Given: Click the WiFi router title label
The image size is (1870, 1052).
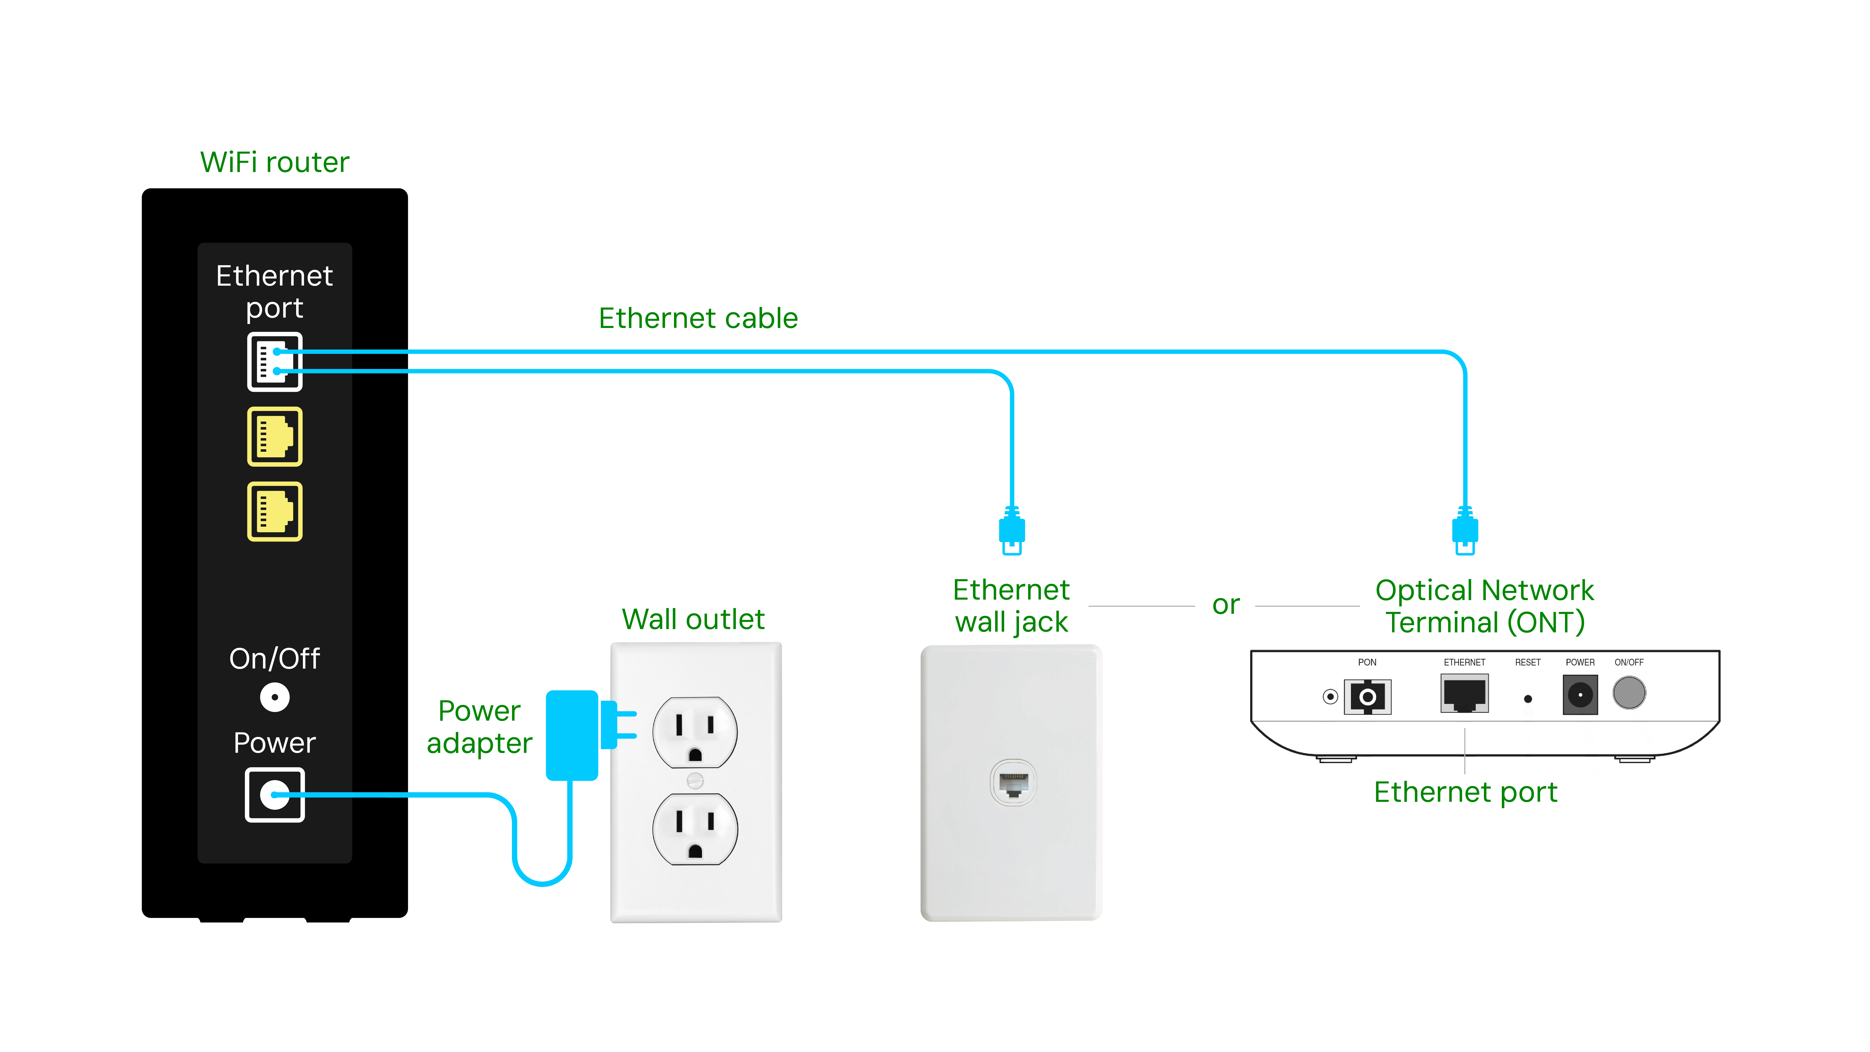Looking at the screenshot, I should tap(274, 162).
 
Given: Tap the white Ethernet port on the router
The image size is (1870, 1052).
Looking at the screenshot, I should tap(274, 362).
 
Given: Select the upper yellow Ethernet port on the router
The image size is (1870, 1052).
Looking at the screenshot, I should tap(274, 436).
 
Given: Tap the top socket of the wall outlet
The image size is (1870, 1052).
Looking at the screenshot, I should tap(695, 732).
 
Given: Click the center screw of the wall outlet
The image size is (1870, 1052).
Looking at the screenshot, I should tap(695, 781).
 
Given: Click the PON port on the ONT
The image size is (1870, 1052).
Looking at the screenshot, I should tap(1367, 697).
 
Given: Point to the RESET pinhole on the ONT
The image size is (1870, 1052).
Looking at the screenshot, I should tap(1528, 699).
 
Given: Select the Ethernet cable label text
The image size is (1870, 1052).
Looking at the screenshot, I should tap(698, 318).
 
